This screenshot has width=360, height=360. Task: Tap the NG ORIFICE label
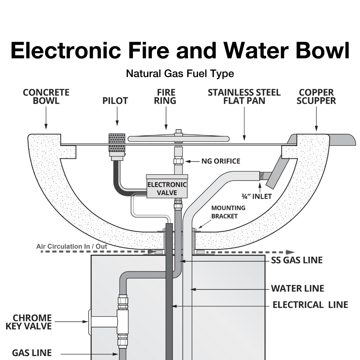pos(220,161)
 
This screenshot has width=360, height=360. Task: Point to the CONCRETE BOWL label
pos(46,96)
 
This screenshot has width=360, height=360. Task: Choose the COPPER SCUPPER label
pos(316,96)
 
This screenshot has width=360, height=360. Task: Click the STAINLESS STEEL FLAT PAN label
pos(244,96)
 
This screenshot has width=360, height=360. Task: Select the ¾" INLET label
pos(256,196)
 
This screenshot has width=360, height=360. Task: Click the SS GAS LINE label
pos(297,260)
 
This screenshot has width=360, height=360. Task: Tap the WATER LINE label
pos(297,288)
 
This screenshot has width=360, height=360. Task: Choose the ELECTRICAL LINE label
pos(310,305)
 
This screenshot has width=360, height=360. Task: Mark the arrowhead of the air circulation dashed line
pos(290,252)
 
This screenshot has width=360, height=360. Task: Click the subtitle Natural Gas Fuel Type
pos(180,74)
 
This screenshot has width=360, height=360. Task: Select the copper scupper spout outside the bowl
pos(342,139)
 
